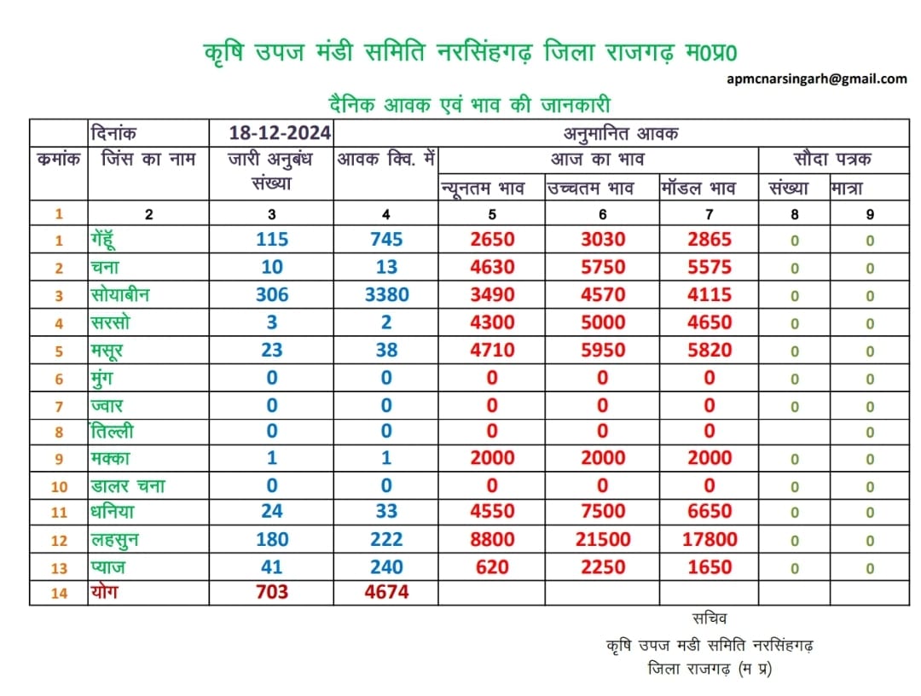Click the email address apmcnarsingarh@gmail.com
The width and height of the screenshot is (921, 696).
click(x=816, y=78)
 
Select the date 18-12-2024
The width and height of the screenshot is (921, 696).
click(x=280, y=133)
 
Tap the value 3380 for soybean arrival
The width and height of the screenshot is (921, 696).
click(x=386, y=294)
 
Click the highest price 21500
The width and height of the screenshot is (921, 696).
click(x=603, y=539)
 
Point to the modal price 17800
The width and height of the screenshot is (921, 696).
click(x=710, y=539)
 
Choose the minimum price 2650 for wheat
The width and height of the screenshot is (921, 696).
click(x=492, y=239)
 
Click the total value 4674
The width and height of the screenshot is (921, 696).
click(x=386, y=591)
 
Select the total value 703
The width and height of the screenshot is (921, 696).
click(x=272, y=591)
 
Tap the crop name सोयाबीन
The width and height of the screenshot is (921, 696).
click(x=120, y=294)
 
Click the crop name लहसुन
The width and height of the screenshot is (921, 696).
click(x=114, y=540)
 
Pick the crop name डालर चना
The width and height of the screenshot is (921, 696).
click(x=127, y=485)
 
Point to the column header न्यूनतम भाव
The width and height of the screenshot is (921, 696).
click(x=482, y=188)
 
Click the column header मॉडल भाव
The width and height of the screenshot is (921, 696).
click(x=698, y=188)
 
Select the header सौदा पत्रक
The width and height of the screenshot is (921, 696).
click(x=832, y=159)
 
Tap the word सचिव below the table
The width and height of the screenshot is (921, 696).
click(x=709, y=618)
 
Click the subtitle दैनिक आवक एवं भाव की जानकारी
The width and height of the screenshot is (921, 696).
click(x=470, y=105)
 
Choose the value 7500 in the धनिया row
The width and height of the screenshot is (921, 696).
click(x=603, y=511)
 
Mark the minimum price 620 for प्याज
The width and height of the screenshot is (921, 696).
click(x=492, y=567)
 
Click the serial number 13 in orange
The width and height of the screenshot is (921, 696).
click(x=59, y=568)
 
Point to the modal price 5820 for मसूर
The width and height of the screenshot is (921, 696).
click(x=710, y=350)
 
